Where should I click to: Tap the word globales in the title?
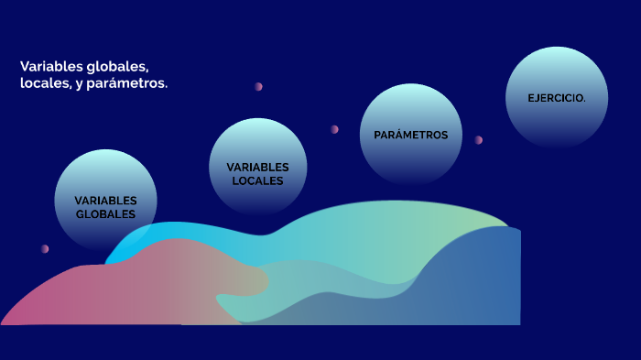118,67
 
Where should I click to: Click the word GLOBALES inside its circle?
105,214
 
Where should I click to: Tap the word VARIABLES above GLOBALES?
105,201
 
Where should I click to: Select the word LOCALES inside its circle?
257,180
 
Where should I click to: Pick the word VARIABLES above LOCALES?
257,167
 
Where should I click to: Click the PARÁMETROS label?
410,135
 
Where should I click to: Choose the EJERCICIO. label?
557,98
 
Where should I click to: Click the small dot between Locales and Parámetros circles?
334,129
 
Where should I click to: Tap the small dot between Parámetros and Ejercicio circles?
478,140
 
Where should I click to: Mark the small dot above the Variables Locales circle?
258,86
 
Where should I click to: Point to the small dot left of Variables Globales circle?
44,248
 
